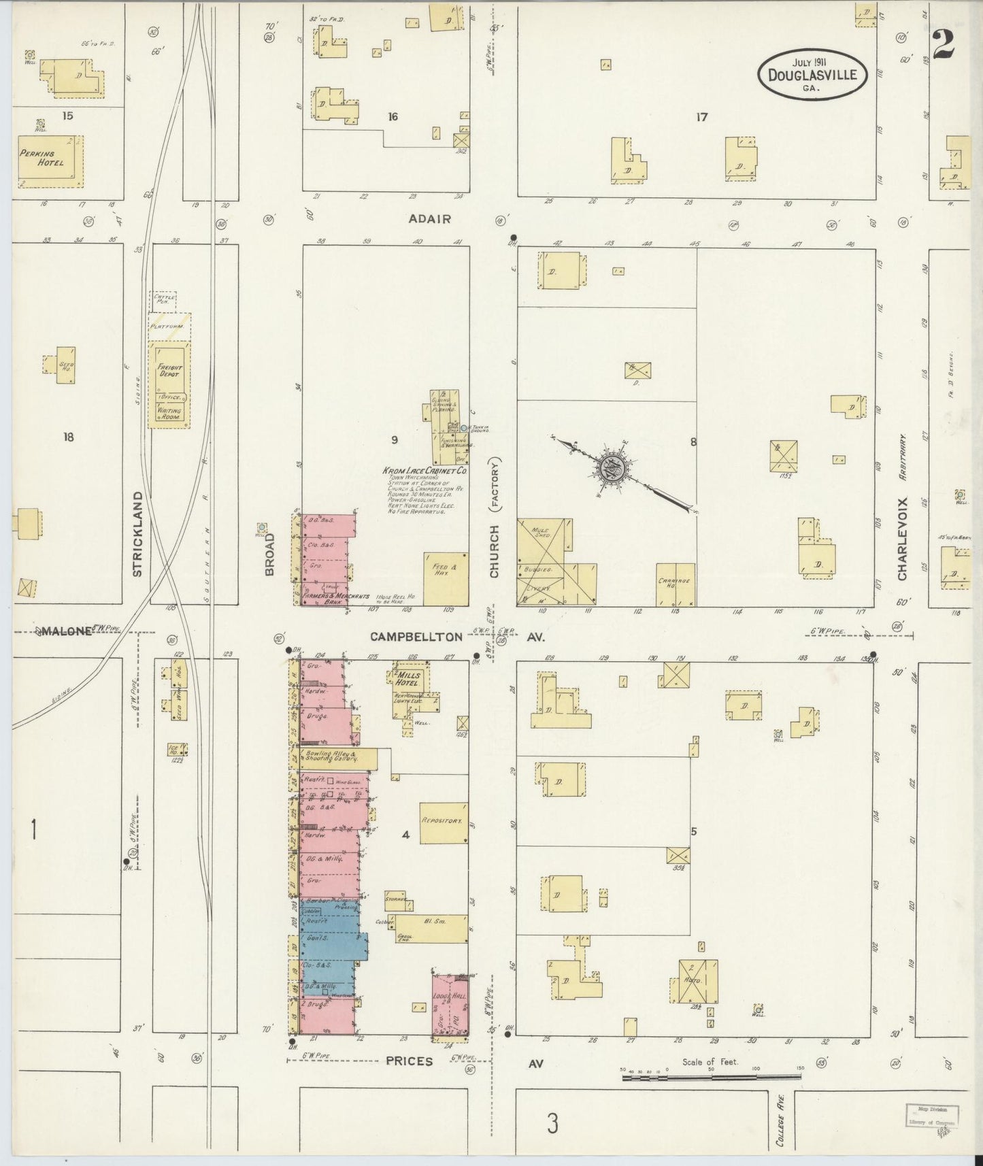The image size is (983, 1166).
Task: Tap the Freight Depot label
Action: [x=170, y=371]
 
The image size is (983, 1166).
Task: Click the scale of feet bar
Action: [x=711, y=1077]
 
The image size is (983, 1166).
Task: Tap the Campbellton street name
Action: [x=416, y=637]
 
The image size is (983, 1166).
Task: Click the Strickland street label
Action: [x=137, y=534]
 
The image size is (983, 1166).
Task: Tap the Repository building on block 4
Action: [x=444, y=822]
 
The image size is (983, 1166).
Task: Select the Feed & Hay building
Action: [x=446, y=579]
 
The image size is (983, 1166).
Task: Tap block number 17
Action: [x=701, y=117]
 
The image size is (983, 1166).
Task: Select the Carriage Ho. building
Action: [x=676, y=585]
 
